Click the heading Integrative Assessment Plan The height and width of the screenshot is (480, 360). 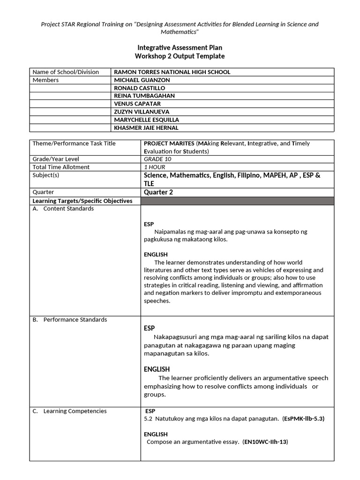pyautogui.click(x=180, y=47)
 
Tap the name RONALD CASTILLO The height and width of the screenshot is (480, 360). pyautogui.click(x=140, y=88)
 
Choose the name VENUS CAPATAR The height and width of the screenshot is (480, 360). pyautogui.click(x=136, y=104)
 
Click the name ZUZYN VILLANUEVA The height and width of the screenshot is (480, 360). pyautogui.click(x=142, y=112)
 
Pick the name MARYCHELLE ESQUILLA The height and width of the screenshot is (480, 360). pyautogui.click(x=146, y=120)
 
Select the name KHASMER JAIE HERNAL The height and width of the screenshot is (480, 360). pyautogui.click(x=146, y=128)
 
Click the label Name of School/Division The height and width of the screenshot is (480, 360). pyautogui.click(x=66, y=72)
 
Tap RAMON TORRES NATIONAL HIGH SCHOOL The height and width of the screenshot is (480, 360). pyautogui.click(x=172, y=72)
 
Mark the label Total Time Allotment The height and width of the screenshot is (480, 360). pyautogui.click(x=61, y=167)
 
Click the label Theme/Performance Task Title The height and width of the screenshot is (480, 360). pyautogui.click(x=74, y=143)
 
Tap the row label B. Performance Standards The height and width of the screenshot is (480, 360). pyautogui.click(x=69, y=320)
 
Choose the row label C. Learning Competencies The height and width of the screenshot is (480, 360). pyautogui.click(x=69, y=411)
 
